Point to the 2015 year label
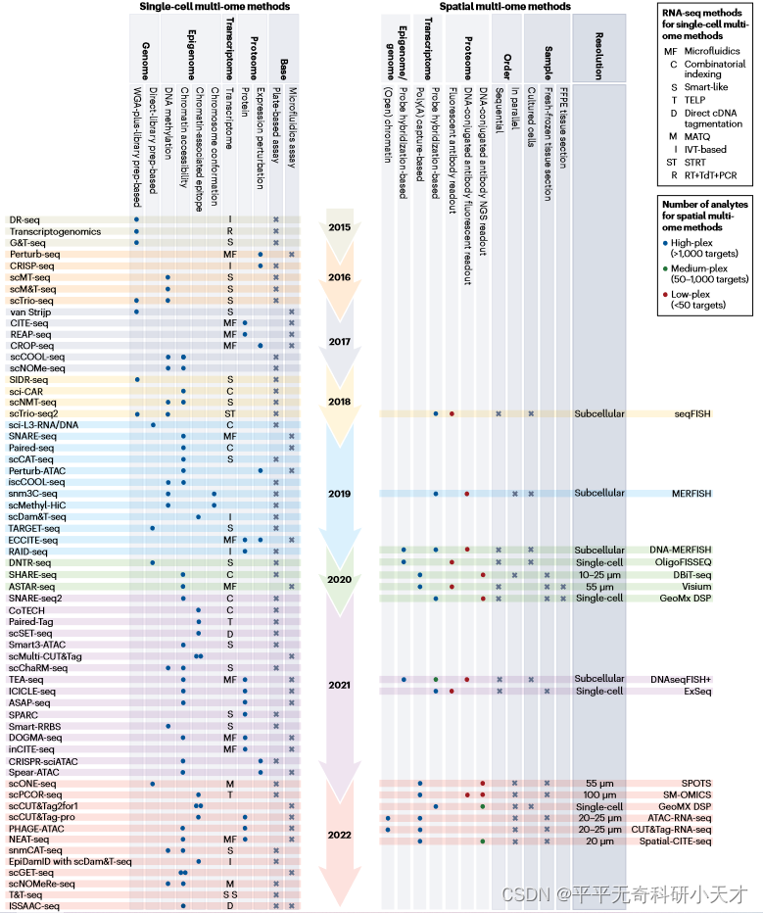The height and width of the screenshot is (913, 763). (x=340, y=226)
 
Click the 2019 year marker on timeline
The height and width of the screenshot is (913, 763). (x=340, y=494)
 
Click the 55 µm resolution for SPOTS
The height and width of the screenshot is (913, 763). (x=598, y=784)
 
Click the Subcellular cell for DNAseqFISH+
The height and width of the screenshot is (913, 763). (x=598, y=679)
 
